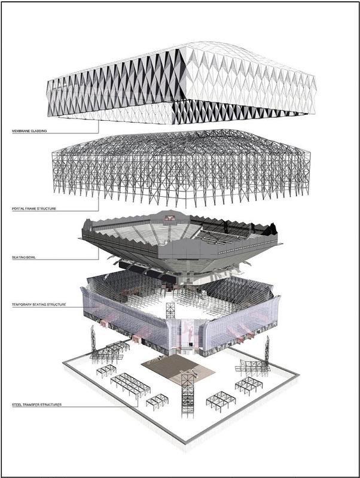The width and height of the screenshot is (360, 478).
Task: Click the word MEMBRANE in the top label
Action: [21, 131]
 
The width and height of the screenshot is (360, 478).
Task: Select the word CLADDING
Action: [39, 131]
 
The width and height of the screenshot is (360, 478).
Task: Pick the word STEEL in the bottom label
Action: [17, 405]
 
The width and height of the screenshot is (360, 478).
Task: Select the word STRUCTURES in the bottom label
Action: [52, 405]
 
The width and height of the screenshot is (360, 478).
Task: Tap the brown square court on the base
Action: [178, 368]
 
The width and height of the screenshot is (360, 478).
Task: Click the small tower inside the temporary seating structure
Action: [170, 311]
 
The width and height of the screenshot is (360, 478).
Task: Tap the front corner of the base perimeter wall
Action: [185, 442]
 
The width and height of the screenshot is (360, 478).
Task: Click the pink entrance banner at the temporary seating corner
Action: [189, 331]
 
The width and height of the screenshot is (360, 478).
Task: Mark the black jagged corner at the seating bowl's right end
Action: [271, 229]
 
